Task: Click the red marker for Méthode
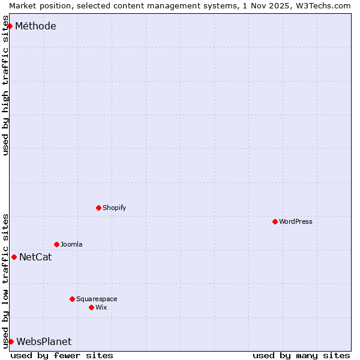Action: (x=10, y=26)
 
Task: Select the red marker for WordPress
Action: (x=275, y=221)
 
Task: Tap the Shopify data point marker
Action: (x=98, y=208)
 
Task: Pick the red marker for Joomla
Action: (x=56, y=244)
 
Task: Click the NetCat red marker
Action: (x=14, y=257)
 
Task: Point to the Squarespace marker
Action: (x=72, y=299)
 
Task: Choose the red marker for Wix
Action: (x=91, y=307)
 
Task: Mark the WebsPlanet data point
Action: (x=11, y=341)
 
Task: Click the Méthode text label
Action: (x=35, y=26)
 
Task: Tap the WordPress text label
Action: (x=296, y=221)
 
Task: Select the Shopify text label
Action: (x=114, y=208)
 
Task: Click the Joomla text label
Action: (x=71, y=244)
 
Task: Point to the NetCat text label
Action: (x=35, y=257)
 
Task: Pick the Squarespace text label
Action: (x=97, y=299)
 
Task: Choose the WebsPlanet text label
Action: (x=44, y=341)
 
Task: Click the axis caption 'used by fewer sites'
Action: (x=62, y=355)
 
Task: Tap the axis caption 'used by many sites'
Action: (x=301, y=355)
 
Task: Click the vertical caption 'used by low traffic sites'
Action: (x=5, y=281)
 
